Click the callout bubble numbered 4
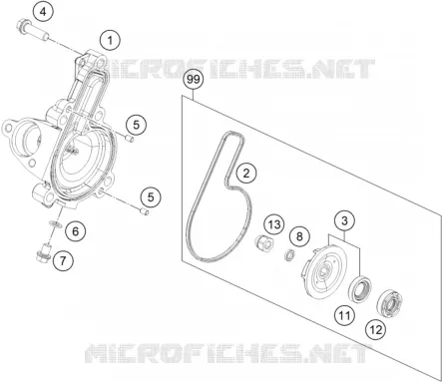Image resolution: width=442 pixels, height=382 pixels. [43, 12]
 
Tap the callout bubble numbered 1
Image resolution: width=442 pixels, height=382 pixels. [110, 41]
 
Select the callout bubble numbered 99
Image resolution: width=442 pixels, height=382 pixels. [194, 80]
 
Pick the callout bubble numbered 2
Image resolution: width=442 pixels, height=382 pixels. [246, 174]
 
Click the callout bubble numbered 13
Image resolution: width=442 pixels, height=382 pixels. [274, 224]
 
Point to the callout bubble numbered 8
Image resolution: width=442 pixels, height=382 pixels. [299, 236]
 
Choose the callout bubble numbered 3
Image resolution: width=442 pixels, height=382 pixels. [344, 220]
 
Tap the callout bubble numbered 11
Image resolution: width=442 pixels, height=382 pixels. [345, 314]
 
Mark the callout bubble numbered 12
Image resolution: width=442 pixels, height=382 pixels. [376, 330]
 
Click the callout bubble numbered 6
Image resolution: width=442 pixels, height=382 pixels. [76, 231]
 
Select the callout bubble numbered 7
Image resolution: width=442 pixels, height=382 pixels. [63, 260]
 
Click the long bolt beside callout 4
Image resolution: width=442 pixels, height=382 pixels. [32, 30]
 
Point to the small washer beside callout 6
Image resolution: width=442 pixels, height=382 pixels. [55, 223]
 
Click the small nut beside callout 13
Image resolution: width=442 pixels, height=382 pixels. [263, 241]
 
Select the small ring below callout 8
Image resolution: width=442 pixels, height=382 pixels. [289, 256]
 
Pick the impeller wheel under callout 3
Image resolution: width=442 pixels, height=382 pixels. [325, 271]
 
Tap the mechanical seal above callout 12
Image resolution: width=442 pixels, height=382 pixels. [390, 302]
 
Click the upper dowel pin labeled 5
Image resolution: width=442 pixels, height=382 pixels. [130, 139]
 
